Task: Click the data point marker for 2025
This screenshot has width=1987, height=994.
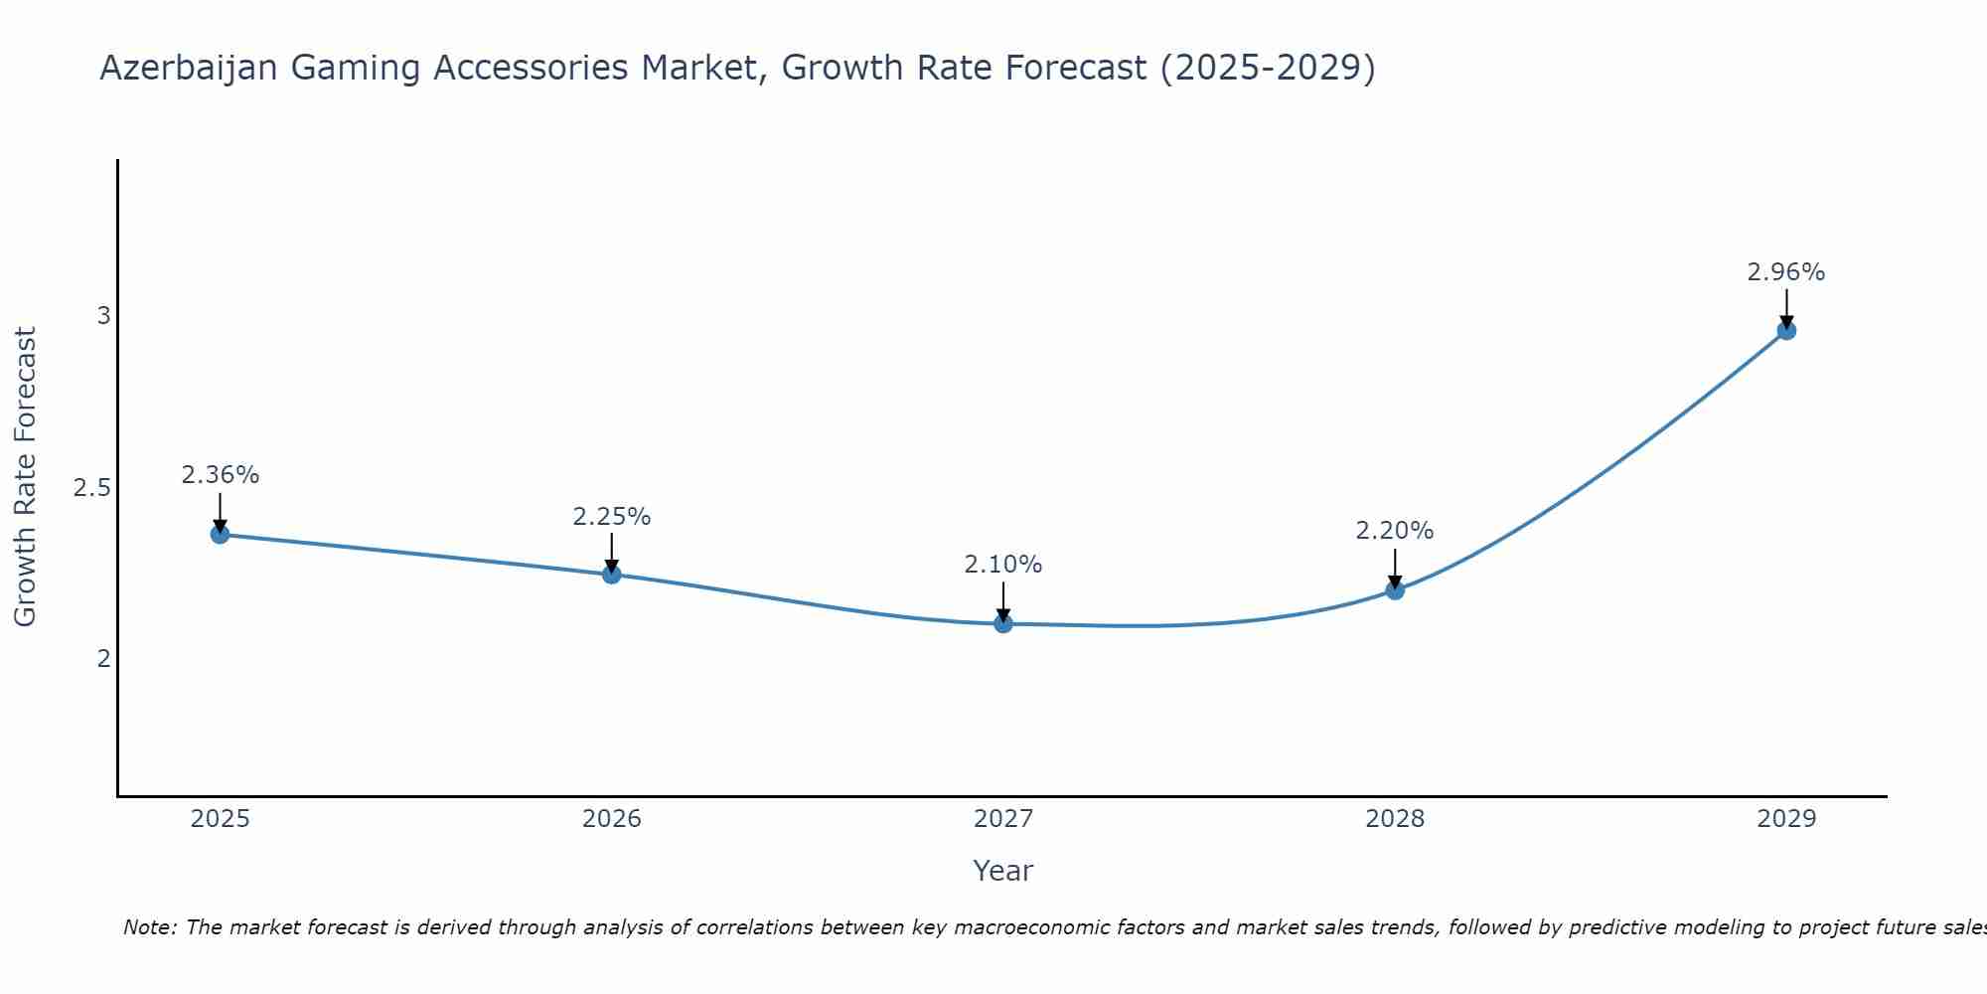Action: (x=220, y=534)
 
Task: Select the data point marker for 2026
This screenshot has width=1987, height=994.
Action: (x=611, y=575)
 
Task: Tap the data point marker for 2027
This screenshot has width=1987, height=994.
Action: (x=1002, y=623)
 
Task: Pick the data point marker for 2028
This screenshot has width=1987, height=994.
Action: (x=1395, y=590)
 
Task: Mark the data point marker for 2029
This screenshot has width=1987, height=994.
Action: (x=1786, y=330)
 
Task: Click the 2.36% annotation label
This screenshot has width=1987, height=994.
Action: (x=220, y=475)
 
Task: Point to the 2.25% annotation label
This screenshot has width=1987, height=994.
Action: (x=611, y=517)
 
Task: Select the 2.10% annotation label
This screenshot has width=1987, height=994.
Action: (x=1002, y=565)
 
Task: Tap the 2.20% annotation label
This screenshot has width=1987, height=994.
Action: (x=1395, y=531)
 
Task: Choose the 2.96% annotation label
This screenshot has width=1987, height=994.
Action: (x=1786, y=272)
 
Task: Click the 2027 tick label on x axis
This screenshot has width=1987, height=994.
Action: (x=1002, y=819)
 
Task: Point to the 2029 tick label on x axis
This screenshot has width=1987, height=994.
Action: (x=1786, y=819)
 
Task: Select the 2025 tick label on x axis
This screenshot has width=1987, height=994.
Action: (x=220, y=819)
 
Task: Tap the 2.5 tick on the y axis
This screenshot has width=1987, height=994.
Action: (x=91, y=488)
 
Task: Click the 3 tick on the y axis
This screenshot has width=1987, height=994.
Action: (x=103, y=316)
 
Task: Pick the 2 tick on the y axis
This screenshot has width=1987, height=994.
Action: (x=103, y=658)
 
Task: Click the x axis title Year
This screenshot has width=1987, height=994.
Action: (x=1002, y=871)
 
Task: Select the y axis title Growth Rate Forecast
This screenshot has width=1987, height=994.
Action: (x=26, y=477)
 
